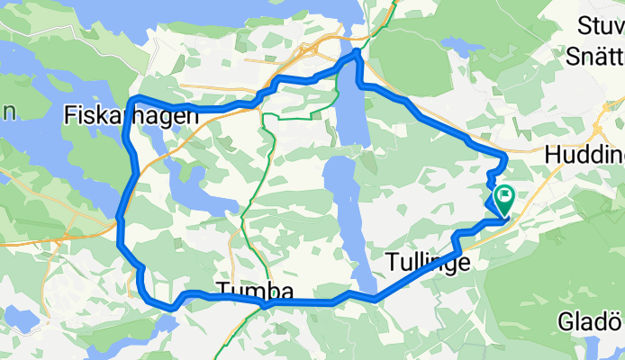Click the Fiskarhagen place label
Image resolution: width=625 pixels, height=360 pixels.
131,114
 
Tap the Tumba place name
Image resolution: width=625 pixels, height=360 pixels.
255,292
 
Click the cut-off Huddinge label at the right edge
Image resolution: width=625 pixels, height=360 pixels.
584,155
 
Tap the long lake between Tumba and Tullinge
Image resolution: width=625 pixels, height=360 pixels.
343,207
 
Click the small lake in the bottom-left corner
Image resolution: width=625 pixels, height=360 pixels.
17,320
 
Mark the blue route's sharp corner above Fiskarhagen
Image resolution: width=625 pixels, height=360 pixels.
134,96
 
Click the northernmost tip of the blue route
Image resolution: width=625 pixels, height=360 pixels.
358,52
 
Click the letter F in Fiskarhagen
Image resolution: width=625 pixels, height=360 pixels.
71,114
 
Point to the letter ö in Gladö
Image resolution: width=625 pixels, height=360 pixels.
615,321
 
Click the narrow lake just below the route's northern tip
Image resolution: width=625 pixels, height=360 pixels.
354,108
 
